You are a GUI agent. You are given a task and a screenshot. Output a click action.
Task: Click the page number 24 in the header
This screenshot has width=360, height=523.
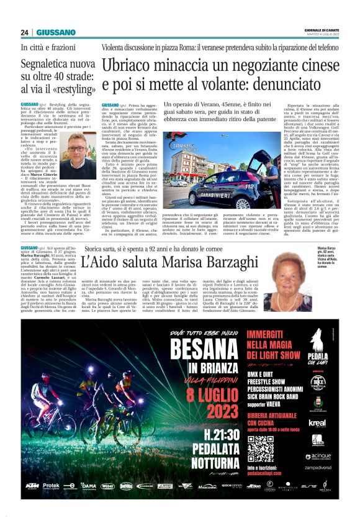24,32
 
